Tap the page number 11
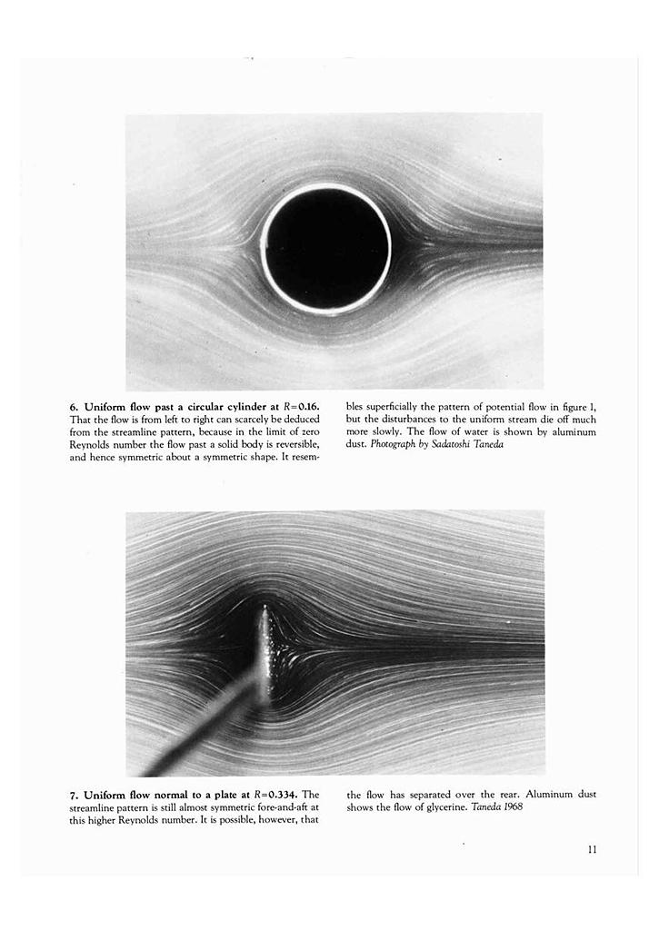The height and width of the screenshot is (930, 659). [x=592, y=850]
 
